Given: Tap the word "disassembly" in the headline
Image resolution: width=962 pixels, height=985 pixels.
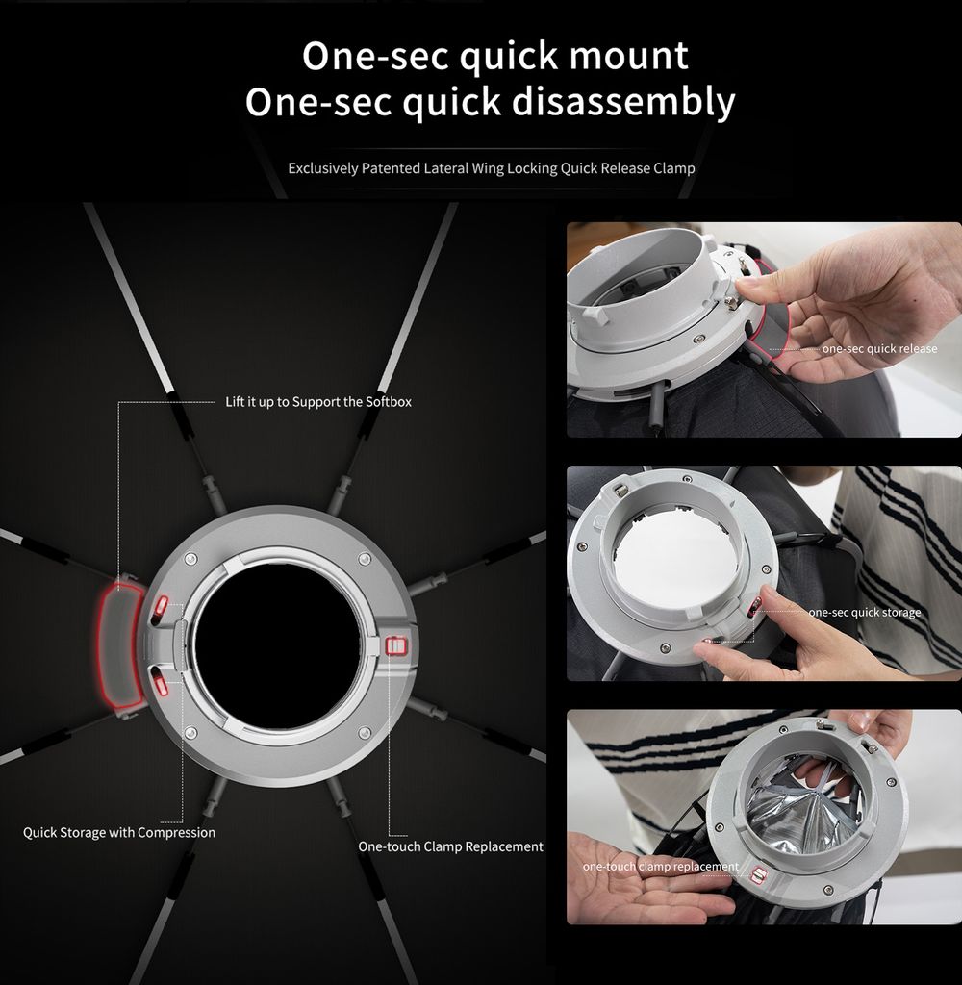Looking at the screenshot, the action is tap(623, 102).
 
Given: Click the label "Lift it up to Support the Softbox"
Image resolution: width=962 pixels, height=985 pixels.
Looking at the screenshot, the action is tap(318, 402).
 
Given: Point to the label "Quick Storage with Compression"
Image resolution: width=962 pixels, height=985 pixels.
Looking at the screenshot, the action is tap(119, 833).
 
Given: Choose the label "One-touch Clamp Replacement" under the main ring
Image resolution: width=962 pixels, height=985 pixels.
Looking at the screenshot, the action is tap(450, 846).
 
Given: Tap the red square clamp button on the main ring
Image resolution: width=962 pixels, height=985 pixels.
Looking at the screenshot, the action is tap(394, 645).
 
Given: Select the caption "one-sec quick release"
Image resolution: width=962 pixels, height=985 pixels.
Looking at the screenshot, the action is tap(879, 348).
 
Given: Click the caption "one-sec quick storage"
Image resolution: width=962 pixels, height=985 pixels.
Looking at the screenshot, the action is tap(865, 612).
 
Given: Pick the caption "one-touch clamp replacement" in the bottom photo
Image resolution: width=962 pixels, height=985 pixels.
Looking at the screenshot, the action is tap(660, 867).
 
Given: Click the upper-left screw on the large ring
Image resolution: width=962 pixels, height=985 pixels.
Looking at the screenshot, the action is tap(191, 559).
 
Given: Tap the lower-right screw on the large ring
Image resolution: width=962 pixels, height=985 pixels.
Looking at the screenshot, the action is tap(365, 732).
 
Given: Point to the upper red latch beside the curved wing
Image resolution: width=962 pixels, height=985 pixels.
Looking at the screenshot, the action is tap(162, 606).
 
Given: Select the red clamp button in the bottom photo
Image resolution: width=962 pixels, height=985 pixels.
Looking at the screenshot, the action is tap(758, 875).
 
